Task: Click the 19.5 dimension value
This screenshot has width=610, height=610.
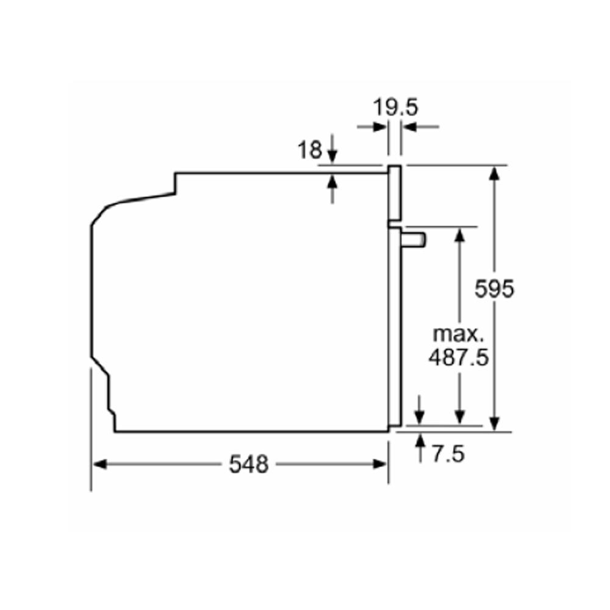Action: [x=395, y=107]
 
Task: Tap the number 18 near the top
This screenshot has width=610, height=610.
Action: [x=310, y=150]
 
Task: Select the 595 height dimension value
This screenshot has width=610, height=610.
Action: [x=494, y=289]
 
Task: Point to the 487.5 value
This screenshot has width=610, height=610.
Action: [x=458, y=357]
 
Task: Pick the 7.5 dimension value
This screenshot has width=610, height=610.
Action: [x=448, y=454]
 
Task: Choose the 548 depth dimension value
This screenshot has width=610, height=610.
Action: [x=249, y=464]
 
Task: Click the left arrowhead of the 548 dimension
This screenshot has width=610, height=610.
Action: [x=100, y=464]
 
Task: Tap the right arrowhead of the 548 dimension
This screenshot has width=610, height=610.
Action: [x=379, y=464]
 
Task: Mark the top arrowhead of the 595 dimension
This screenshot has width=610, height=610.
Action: [x=494, y=173]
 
